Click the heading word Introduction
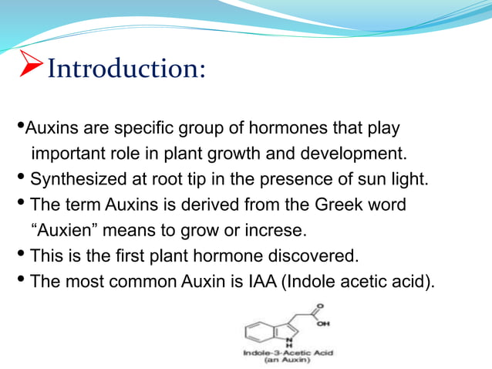pyautogui.click(x=126, y=69)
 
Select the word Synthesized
pyautogui.click(x=75, y=180)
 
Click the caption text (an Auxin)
pyautogui.click(x=286, y=360)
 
